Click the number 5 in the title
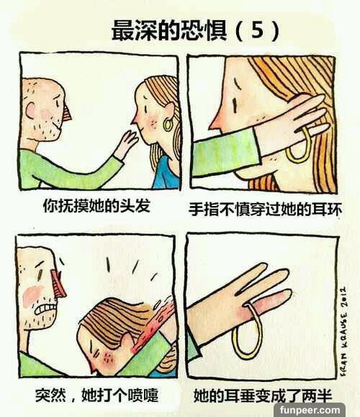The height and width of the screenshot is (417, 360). point(257,30)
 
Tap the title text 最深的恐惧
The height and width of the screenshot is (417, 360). point(169,30)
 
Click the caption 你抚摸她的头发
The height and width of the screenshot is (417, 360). point(96,206)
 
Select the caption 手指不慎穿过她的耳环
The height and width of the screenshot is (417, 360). point(265,210)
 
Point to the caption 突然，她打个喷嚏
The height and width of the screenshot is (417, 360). point(96,395)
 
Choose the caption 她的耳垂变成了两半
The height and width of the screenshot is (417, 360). point(263,395)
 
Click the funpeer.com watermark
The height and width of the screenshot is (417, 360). point(310,410)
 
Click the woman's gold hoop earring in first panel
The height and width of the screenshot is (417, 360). point(168,125)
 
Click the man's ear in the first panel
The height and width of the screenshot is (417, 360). point(30,110)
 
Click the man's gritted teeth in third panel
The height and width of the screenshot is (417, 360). point(46,309)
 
